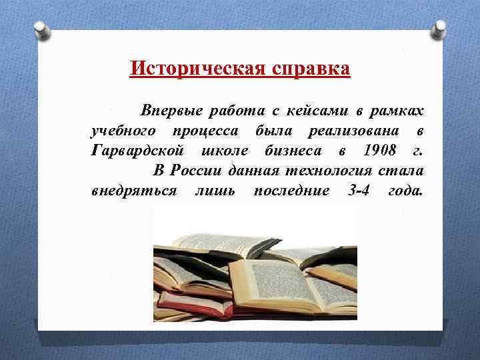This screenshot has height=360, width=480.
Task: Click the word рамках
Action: (395, 109)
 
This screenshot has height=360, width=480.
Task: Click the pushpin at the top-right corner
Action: (439, 29)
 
